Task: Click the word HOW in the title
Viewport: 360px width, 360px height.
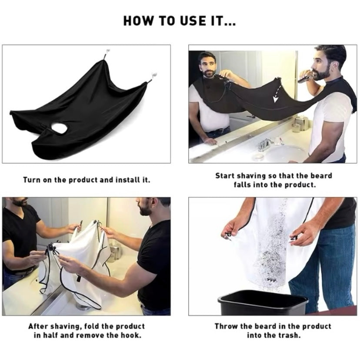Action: (137, 20)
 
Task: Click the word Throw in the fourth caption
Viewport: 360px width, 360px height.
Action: (226, 326)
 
